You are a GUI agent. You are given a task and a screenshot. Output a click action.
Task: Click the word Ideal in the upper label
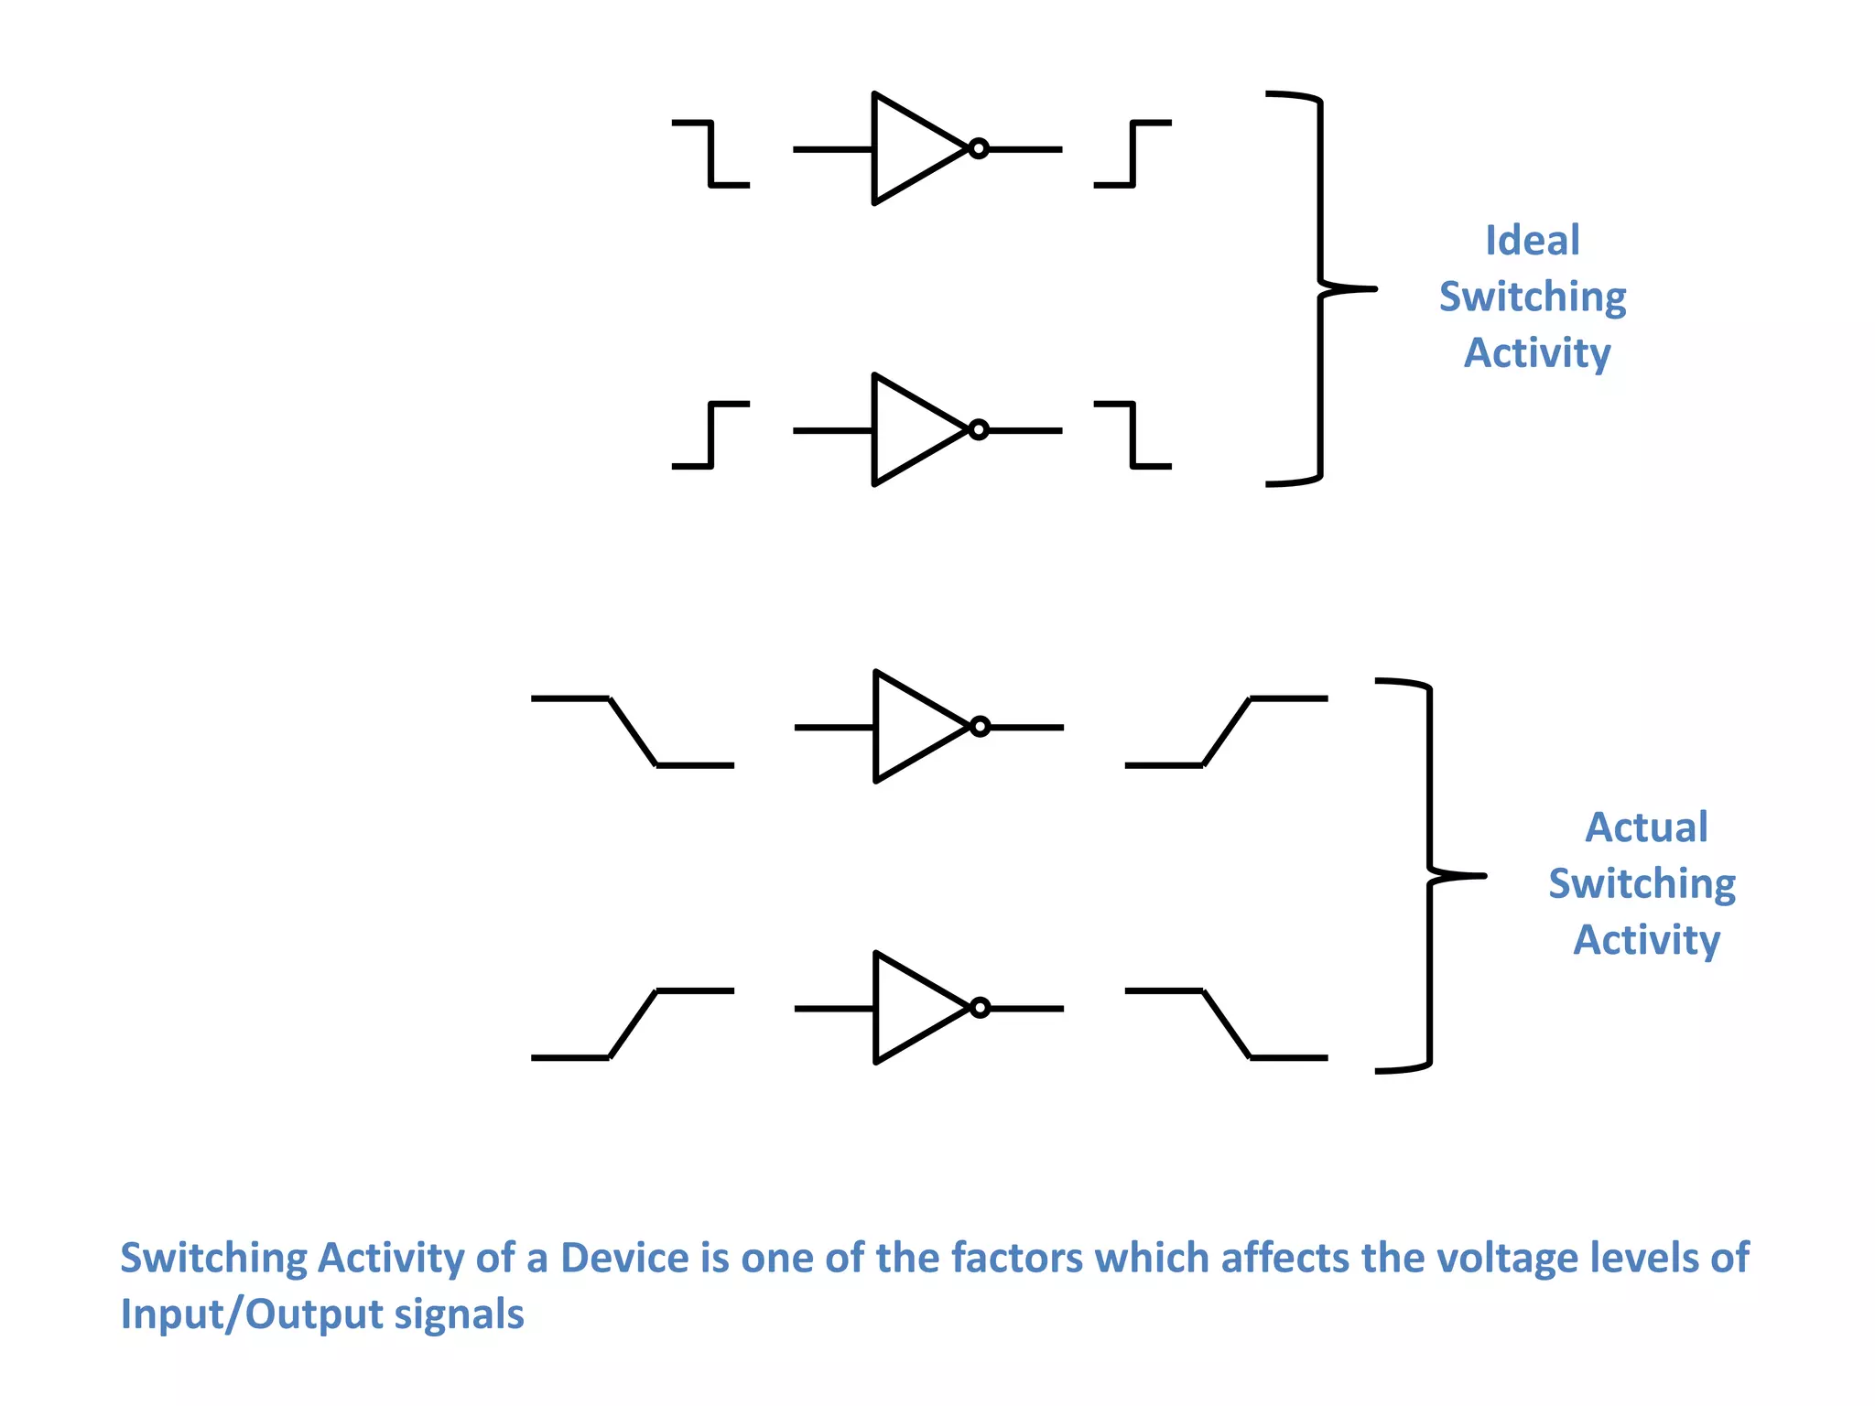[x=1532, y=241]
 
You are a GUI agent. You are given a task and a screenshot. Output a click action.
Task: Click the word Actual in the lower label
[x=1646, y=827]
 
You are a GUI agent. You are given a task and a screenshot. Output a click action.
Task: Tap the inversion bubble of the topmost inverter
[x=979, y=148]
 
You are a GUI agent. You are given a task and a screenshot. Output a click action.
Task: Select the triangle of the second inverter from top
[x=911, y=429]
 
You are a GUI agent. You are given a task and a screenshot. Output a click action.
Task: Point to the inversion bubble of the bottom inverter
[x=980, y=1008]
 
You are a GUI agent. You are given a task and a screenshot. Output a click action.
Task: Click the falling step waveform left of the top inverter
[x=710, y=153]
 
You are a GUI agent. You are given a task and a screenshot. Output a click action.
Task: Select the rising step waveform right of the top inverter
[x=1133, y=153]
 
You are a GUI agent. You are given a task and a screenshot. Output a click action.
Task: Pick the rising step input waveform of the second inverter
[x=710, y=435]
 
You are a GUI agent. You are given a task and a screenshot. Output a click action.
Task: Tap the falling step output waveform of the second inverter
[x=1133, y=435]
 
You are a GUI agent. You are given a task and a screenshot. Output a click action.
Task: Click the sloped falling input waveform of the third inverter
[x=633, y=731]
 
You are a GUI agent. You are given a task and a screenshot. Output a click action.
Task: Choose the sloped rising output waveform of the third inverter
[x=1226, y=731]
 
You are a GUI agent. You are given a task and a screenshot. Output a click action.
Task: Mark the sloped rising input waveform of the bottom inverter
[x=633, y=1023]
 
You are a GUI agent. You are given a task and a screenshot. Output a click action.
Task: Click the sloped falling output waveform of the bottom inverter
[x=1226, y=1023]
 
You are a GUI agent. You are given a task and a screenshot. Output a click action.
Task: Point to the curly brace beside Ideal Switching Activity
[x=1320, y=288]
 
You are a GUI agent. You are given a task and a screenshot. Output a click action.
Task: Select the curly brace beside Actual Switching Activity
[x=1430, y=876]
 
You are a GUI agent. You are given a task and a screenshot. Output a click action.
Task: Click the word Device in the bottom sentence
[x=625, y=1258]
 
